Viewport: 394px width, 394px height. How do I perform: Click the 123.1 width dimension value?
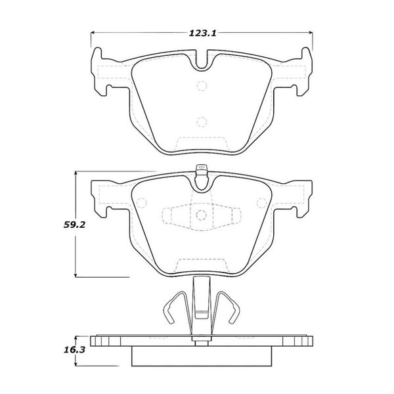pyautogui.click(x=202, y=33)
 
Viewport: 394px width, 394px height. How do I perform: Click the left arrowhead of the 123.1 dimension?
pyautogui.click(x=92, y=32)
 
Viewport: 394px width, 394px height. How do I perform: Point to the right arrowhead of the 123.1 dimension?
pyautogui.click(x=311, y=32)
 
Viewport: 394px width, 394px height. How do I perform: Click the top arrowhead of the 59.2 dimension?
pyautogui.click(x=76, y=173)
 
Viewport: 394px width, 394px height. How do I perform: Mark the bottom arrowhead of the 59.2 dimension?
pyautogui.click(x=76, y=275)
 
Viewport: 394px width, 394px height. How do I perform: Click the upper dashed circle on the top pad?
pyautogui.click(x=202, y=85)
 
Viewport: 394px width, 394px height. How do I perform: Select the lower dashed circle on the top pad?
pyautogui.click(x=202, y=122)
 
